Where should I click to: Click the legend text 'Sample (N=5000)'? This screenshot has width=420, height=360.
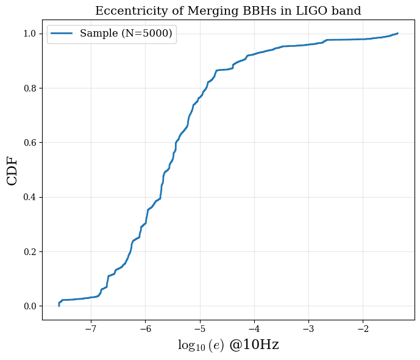click(126, 33)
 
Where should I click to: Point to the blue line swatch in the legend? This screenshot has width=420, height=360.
click(62, 33)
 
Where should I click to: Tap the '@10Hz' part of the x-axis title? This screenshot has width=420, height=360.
click(254, 345)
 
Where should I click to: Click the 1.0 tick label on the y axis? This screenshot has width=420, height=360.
click(29, 34)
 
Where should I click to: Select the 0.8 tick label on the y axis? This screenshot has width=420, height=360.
click(29, 88)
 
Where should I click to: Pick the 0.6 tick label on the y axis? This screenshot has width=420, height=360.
click(29, 143)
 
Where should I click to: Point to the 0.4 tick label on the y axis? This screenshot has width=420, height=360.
click(29, 197)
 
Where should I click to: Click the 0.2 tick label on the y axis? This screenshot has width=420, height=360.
click(29, 252)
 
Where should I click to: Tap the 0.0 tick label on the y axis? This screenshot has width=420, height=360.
click(29, 306)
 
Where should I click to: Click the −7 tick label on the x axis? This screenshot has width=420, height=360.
click(91, 329)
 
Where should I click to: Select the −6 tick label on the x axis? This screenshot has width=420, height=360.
click(146, 329)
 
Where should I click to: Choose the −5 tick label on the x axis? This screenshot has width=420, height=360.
click(200, 329)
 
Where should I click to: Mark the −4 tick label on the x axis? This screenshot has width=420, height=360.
click(254, 329)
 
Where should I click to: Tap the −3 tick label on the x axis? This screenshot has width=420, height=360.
click(308, 329)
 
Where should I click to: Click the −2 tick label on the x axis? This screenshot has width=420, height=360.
click(363, 329)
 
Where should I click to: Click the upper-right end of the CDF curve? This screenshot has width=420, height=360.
click(398, 34)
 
